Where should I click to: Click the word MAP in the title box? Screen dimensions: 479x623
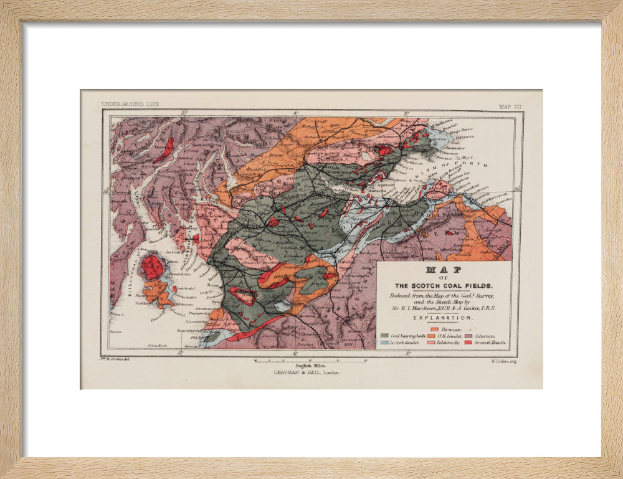pyautogui.click(x=443, y=271)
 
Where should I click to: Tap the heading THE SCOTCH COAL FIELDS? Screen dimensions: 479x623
pyautogui.click(x=443, y=286)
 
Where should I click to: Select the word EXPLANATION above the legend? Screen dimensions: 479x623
pyautogui.click(x=443, y=318)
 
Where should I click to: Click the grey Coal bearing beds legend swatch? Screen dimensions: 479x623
pyautogui.click(x=384, y=336)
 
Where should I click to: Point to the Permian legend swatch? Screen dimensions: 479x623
pyautogui.click(x=435, y=328)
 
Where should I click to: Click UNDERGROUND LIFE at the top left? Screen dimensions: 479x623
pyautogui.click(x=130, y=104)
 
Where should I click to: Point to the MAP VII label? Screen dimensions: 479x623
pyautogui.click(x=510, y=107)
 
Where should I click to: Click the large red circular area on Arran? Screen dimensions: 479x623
pyautogui.click(x=152, y=267)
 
